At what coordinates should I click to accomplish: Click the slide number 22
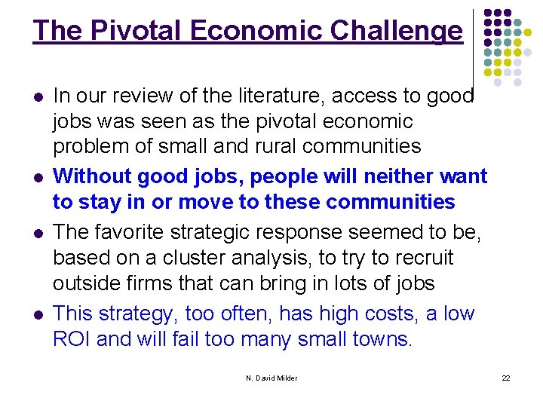pos(506,378)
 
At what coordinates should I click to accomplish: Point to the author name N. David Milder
pos(271,378)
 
